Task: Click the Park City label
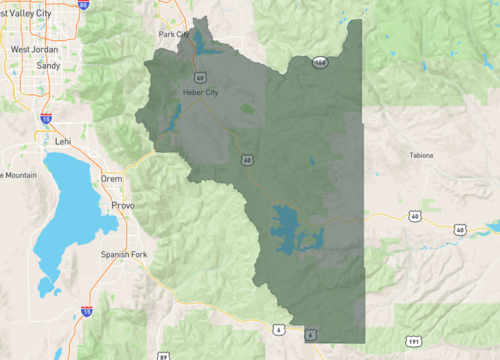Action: pos(173,34)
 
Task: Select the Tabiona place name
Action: pos(422,155)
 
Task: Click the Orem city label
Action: pos(111,179)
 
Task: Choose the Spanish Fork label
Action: pos(123,254)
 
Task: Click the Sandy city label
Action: pos(47,65)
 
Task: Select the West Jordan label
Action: pos(33,48)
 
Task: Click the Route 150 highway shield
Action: pos(319,62)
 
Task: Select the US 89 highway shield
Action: pos(163,355)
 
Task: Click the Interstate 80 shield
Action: pos(83,4)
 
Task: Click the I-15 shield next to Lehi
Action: pos(46,118)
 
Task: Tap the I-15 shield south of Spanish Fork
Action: pos(87,312)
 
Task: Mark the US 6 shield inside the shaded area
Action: pos(311,334)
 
